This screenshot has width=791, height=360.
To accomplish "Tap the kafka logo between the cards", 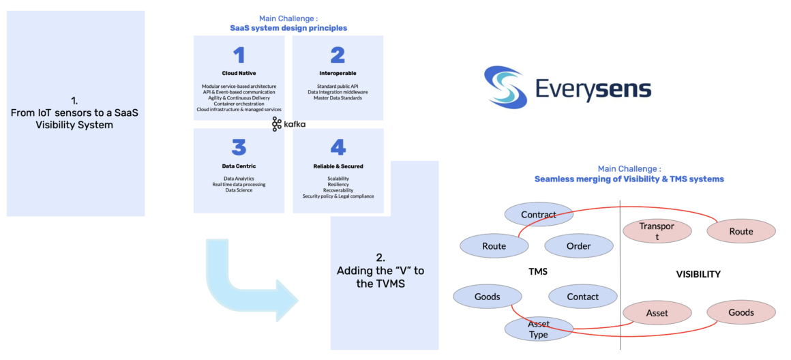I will coord(277,124).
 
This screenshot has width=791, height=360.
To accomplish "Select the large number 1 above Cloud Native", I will coord(239,55).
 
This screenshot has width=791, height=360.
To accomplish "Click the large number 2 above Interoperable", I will coord(337,55).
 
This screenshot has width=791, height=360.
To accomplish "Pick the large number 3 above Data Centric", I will coord(239,147).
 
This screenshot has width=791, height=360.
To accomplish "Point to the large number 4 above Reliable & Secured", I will coord(337,147).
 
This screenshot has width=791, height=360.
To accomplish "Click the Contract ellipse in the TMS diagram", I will coord(539,215).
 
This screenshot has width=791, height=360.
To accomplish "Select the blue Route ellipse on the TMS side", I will coord(494,246).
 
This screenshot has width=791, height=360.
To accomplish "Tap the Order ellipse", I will coord(578,246).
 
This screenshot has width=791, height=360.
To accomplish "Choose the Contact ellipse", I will coord(582,297).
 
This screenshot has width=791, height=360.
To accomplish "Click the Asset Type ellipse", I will coord(539,329).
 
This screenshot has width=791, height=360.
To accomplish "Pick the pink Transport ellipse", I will coord(657,231).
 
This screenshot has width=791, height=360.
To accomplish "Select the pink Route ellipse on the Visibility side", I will coord(741,231).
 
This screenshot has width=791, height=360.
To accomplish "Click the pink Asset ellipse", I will coord(657,313).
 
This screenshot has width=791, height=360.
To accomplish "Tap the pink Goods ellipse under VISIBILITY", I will coord(741,312).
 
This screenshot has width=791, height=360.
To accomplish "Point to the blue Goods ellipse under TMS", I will coord(487,297).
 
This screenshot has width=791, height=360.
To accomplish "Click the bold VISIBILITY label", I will coord(698,274).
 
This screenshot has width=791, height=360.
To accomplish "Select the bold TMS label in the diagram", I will coord(538,271).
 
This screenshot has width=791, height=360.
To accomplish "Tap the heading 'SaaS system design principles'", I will coord(288,28).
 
